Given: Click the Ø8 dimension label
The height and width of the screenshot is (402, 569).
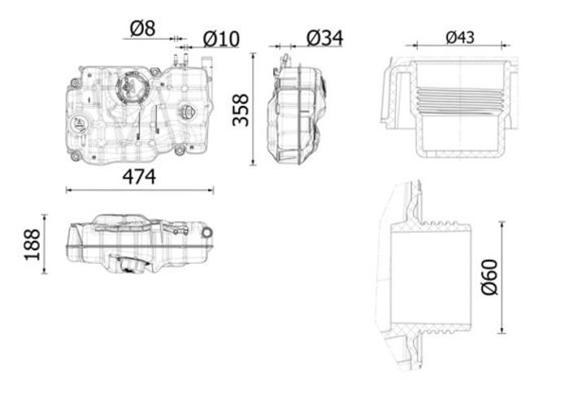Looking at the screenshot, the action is (x=142, y=28).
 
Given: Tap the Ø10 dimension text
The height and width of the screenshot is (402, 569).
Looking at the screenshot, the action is (x=221, y=39).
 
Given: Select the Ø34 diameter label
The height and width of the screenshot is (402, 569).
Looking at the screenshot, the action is (x=324, y=37).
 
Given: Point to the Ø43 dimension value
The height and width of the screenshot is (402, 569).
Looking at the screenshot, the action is (x=460, y=37).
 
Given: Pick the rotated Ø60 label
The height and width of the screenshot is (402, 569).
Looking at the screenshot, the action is (x=489, y=277).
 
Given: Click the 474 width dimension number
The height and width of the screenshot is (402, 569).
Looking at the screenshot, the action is (x=139, y=177).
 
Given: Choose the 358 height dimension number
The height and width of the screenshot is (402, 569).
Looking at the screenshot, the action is (x=241, y=110).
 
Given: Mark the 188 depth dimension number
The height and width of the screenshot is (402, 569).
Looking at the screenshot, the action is (x=33, y=244).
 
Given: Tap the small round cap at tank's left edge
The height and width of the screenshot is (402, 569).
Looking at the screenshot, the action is (x=78, y=125).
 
